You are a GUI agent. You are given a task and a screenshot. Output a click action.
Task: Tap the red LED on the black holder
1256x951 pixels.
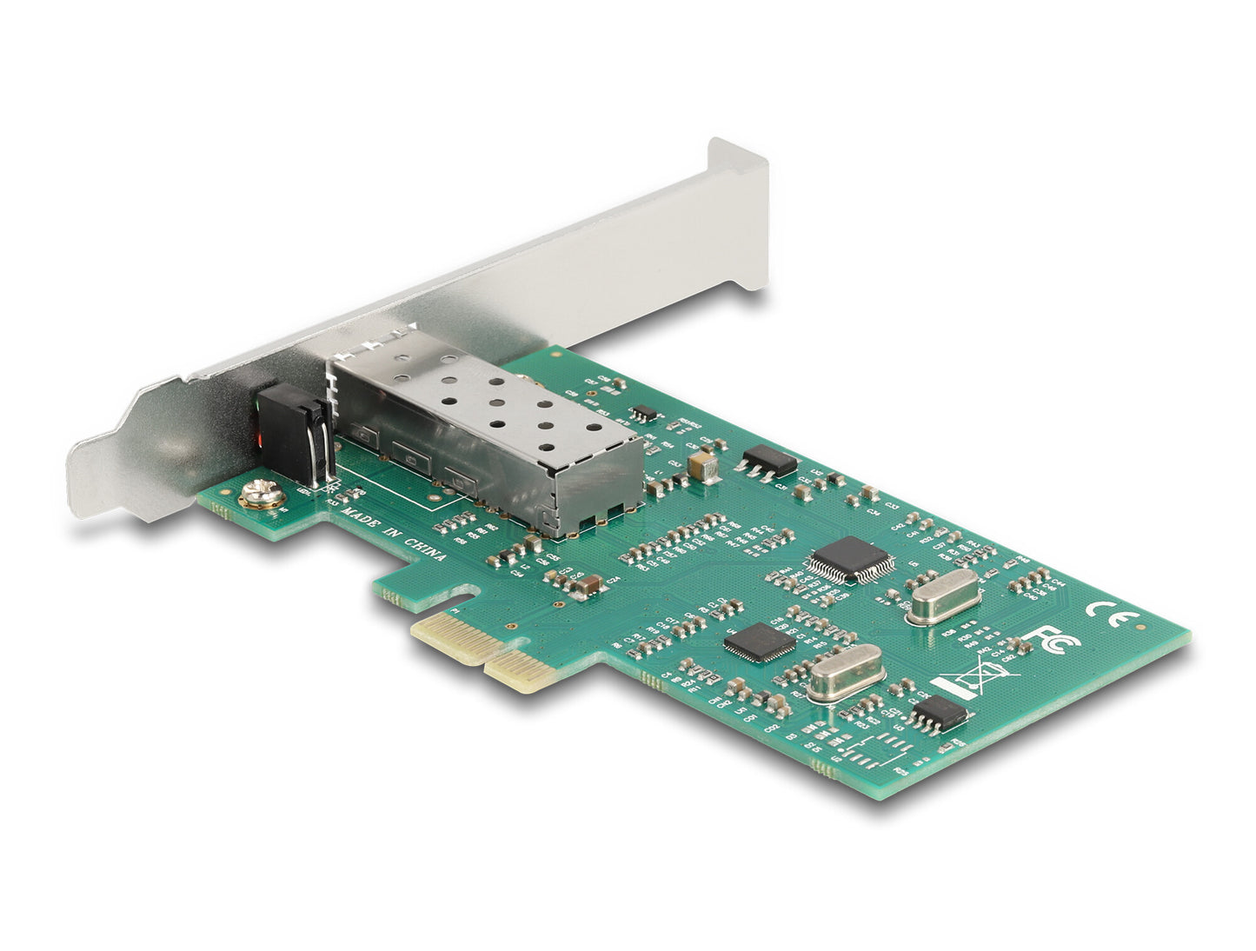pyautogui.click(x=260, y=441)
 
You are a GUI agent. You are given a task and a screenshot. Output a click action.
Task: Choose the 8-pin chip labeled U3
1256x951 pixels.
pyautogui.click(x=940, y=712)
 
